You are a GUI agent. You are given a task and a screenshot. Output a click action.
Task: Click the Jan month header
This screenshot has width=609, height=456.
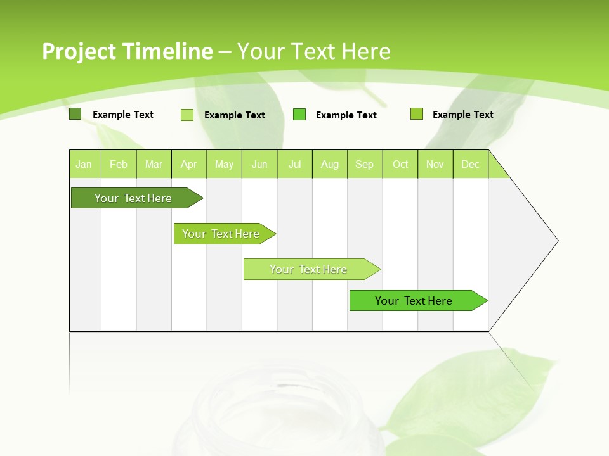[84, 164]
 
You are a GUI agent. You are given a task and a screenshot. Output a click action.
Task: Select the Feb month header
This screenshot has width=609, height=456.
[119, 164]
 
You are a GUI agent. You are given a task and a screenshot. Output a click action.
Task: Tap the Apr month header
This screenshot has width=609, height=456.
[189, 164]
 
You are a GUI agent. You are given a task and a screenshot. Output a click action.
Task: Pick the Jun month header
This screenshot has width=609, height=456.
[259, 164]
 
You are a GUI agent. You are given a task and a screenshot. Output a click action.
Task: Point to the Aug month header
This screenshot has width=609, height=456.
[330, 164]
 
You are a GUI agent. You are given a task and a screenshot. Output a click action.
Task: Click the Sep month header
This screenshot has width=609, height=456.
[365, 164]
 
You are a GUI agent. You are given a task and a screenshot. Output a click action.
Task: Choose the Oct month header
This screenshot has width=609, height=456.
[400, 164]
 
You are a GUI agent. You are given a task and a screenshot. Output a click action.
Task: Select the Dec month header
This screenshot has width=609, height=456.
[471, 164]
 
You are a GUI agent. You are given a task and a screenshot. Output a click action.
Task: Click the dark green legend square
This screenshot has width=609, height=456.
[75, 114]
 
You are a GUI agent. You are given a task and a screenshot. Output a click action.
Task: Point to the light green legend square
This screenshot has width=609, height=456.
[187, 115]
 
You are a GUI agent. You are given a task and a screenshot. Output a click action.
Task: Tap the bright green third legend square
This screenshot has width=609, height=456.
[299, 115]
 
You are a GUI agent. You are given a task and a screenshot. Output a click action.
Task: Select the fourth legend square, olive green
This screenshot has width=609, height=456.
[417, 114]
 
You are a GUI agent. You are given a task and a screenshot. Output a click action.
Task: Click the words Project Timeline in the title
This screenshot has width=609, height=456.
[127, 51]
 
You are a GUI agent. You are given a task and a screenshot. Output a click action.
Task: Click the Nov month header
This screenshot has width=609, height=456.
[435, 164]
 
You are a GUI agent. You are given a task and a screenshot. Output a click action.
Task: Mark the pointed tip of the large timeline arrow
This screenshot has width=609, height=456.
[557, 240]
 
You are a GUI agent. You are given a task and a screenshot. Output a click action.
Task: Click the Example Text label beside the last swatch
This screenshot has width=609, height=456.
[462, 115]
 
